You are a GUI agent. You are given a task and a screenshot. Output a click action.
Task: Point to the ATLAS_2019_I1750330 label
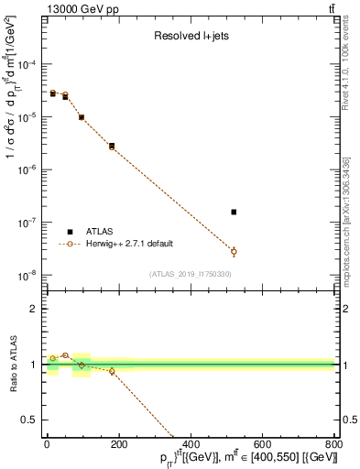click(190, 274)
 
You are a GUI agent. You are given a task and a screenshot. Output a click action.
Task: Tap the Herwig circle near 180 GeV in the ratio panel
click(112, 371)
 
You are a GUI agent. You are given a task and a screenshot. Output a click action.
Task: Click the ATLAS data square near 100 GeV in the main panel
click(82, 117)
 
